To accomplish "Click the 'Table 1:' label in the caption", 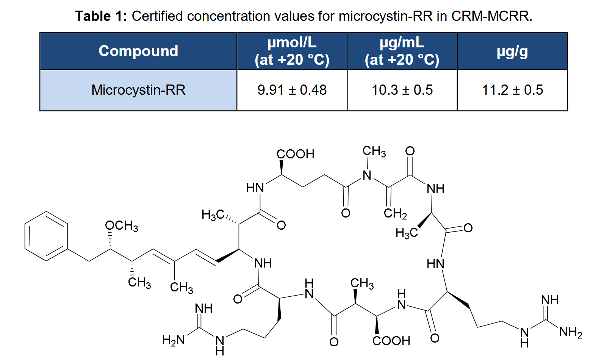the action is (x=101, y=16).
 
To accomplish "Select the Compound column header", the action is (x=138, y=51).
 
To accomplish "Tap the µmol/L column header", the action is (x=292, y=51).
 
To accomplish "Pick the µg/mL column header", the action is (x=402, y=51).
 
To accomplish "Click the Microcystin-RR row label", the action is (x=138, y=90).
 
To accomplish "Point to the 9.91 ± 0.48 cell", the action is (x=292, y=90).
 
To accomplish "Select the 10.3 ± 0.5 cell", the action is (x=402, y=90).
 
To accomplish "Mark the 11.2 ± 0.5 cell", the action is (x=512, y=90).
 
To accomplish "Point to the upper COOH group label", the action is (x=296, y=154).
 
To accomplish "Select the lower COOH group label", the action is (x=391, y=341).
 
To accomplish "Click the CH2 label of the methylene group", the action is (x=395, y=214).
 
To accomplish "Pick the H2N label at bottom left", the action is (x=174, y=340).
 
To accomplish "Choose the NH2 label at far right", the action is (x=571, y=332).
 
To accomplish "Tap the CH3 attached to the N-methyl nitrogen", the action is (x=374, y=151).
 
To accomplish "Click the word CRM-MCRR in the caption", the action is (x=491, y=16).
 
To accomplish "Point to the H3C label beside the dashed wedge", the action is (x=213, y=215).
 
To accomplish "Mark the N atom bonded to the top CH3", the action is (x=367, y=175).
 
